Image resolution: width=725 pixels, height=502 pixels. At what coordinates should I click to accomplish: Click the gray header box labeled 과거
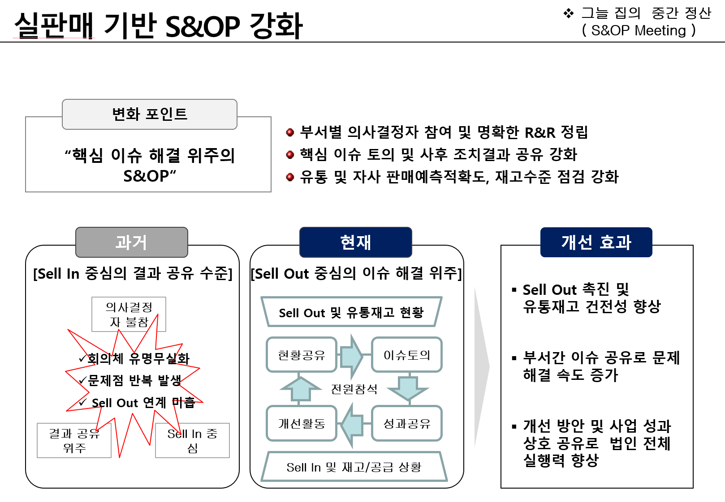point(131,242)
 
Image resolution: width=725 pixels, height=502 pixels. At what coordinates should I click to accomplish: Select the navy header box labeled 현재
point(355,242)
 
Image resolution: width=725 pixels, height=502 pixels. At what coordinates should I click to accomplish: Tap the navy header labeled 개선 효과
point(596,242)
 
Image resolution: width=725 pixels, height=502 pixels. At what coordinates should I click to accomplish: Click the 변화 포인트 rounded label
point(149,114)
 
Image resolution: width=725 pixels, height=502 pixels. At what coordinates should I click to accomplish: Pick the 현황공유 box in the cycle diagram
point(301,355)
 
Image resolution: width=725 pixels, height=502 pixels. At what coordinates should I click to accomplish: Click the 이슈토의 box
point(407,355)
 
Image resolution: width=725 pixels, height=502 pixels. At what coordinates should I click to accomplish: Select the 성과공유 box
point(407,423)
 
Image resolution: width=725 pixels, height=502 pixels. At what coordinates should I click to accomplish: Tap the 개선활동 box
point(301,423)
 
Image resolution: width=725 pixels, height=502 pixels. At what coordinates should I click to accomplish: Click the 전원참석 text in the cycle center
point(354,389)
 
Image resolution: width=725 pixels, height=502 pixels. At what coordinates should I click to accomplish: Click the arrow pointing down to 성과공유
point(408,387)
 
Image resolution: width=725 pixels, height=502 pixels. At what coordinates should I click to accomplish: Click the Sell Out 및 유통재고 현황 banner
point(351,312)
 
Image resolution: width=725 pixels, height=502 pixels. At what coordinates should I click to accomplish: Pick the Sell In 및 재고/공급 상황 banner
point(354,467)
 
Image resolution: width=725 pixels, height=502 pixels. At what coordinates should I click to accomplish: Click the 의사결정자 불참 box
point(129,314)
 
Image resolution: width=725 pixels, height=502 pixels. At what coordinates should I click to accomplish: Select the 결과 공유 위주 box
point(74,440)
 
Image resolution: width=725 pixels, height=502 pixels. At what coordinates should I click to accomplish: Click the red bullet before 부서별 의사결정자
point(290,132)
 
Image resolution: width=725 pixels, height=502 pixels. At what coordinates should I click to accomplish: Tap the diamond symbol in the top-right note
point(568,13)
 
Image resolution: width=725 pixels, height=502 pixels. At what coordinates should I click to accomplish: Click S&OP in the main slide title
point(203,26)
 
